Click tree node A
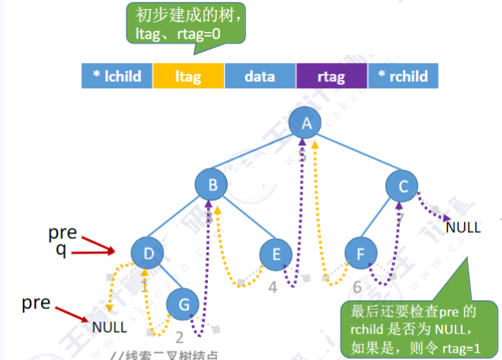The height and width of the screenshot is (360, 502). pos(306,123)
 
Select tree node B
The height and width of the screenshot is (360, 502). pos(213,183)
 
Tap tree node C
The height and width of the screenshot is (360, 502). pos(402,183)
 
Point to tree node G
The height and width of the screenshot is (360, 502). pos(184,303)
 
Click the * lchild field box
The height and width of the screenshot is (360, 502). pos(117,76)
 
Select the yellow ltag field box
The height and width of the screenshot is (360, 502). pos(188,76)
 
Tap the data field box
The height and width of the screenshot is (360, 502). pos(260,76)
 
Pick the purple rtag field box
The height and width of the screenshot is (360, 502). pos(331,76)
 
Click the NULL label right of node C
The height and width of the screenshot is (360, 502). pos(463,226)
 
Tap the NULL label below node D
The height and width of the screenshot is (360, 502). pos(110,328)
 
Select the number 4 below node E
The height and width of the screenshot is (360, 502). pos(273,288)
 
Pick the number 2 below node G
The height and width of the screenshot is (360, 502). pos(180,338)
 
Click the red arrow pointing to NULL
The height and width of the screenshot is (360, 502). pos(73,311)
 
